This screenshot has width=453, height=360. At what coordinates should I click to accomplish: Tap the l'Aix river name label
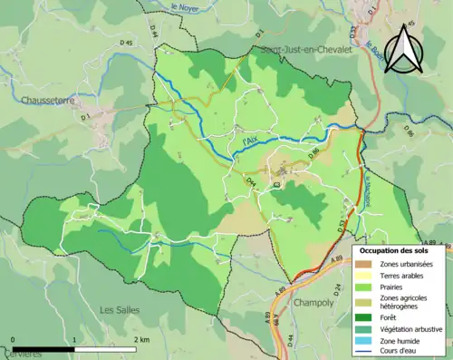coord(250,141)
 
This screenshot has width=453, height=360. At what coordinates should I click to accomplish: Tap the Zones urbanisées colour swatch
coord(365,263)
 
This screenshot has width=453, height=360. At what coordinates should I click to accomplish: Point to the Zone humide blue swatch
coord(365,342)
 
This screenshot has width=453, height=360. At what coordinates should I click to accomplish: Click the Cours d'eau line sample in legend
coord(365,354)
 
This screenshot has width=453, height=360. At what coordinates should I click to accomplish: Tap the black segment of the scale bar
coord(43,349)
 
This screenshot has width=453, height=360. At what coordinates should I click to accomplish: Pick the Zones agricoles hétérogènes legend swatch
coord(365,303)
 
